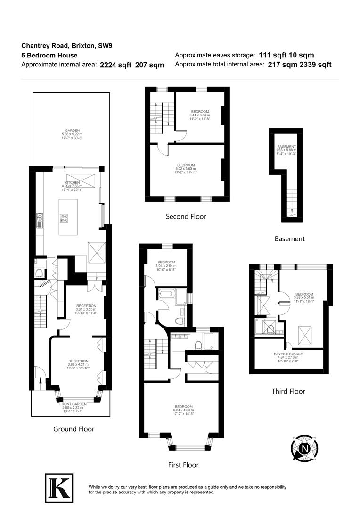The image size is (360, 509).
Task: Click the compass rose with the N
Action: pos(305,447)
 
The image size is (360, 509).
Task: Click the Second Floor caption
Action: pos(186,217)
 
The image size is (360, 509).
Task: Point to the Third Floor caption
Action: pos(288,391)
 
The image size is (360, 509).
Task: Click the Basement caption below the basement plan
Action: pos(289,239)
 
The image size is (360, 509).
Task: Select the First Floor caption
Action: pos(183,465)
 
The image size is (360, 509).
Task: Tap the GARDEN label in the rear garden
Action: pos(72,131)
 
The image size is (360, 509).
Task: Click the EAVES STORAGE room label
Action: pos(288,353)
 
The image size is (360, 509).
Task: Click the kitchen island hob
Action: pos(64,218)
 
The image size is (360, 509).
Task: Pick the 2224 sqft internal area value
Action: pos(115,66)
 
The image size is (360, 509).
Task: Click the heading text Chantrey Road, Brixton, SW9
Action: pos(67,46)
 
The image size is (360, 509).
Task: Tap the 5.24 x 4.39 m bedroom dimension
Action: pos(183,410)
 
